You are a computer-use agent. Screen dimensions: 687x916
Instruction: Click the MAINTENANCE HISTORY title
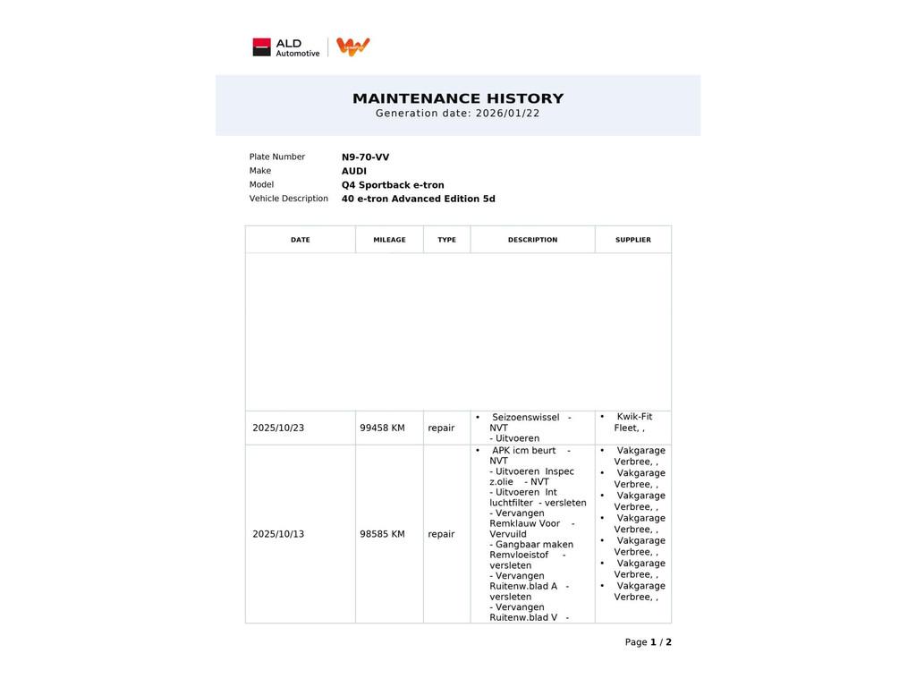[x=458, y=98]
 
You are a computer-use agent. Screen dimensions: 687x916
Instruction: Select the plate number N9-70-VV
[x=365, y=157]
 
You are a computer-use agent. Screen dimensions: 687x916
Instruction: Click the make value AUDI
[x=353, y=172]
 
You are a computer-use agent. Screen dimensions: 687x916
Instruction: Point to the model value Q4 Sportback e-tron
[x=393, y=185]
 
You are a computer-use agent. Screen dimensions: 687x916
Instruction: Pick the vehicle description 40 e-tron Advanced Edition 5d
[x=418, y=199]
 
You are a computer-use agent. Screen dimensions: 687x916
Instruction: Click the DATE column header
[x=301, y=240]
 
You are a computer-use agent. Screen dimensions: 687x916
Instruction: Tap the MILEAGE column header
[x=389, y=240]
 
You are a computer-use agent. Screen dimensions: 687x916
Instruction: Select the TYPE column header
[x=446, y=240]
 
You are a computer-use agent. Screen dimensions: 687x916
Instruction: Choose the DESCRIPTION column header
[x=532, y=240]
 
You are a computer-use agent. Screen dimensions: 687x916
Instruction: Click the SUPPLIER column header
[x=632, y=240]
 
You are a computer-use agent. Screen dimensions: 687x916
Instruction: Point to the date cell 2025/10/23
[x=278, y=428]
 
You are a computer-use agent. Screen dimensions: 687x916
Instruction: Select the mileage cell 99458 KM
[x=382, y=428]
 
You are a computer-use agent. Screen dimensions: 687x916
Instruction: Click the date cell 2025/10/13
[x=278, y=535]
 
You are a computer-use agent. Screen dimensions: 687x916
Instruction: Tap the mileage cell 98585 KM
[x=382, y=535]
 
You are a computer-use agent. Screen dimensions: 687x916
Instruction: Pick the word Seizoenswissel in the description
[x=525, y=418]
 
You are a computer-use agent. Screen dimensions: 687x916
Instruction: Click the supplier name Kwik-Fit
[x=634, y=417]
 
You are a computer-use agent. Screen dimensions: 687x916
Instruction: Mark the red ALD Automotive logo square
[x=261, y=47]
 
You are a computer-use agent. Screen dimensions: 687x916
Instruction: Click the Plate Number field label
[x=277, y=157]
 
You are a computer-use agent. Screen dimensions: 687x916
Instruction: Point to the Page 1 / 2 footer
[x=648, y=642]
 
